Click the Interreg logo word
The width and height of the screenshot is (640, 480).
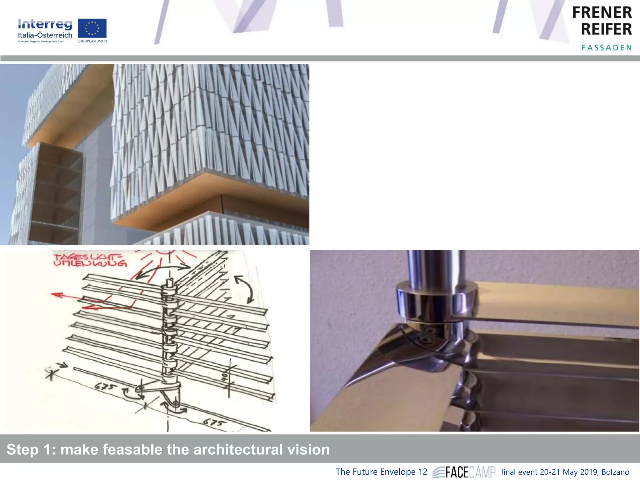45,24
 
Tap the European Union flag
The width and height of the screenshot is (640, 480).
92,28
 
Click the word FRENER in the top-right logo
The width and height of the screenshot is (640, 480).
602,13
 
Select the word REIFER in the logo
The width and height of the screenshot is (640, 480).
606,29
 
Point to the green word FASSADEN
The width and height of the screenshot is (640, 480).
607,48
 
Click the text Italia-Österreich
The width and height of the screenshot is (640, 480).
45,35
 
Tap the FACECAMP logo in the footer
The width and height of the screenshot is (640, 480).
464,472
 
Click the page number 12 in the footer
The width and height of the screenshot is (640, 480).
422,472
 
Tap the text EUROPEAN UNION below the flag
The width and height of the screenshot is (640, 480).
92,41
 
